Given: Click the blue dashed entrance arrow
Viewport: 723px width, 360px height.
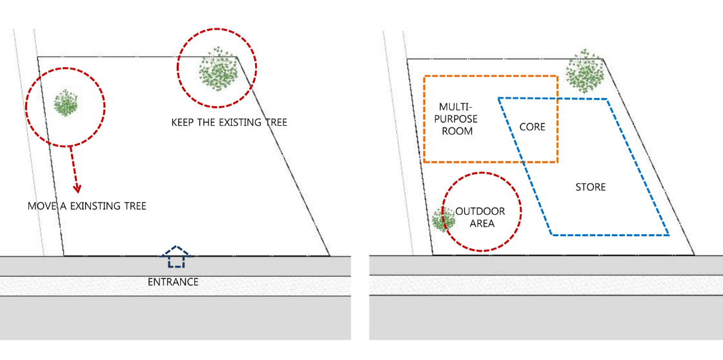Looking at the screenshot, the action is coord(175,257).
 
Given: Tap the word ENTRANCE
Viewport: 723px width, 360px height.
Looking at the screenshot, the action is coord(173,282).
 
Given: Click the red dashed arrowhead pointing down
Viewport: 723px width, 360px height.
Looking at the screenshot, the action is coord(77,188).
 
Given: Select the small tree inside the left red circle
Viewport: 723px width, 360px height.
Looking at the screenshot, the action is coord(65,104).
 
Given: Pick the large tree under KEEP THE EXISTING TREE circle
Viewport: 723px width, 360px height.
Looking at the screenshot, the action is coord(219,70).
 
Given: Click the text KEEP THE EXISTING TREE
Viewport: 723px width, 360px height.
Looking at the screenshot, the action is coord(229,123).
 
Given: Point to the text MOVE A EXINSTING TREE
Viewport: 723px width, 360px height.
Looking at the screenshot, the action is coord(87,206).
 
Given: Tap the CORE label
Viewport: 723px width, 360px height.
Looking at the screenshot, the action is coord(532,126).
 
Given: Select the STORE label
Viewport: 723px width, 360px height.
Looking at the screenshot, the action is coord(591,188).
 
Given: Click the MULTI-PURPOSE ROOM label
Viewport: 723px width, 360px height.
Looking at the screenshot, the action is coord(457,119).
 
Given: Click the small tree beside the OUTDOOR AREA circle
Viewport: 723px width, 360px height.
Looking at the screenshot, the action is coord(443,219).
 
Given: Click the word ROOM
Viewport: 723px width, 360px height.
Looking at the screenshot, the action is coord(458,131).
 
